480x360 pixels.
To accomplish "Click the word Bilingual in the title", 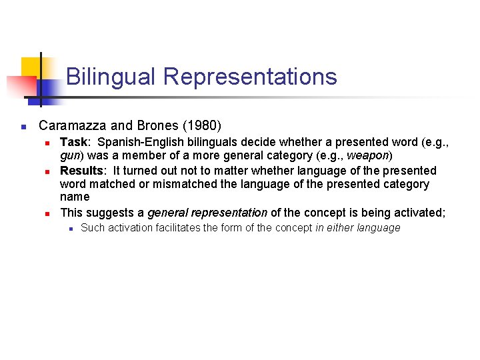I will [111, 77].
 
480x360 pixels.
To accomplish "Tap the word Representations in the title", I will [250, 77].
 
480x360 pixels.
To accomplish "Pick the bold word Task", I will [74, 141].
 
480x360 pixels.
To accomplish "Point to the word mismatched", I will [175, 184].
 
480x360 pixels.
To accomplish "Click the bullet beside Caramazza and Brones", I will [23, 126].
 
